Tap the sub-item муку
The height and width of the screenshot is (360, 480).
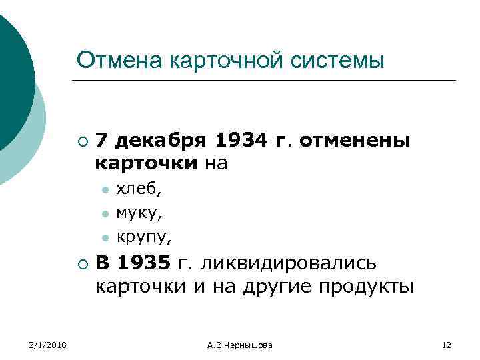pyautogui.click(x=139, y=213)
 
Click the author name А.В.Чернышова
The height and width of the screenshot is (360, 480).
pyautogui.click(x=239, y=345)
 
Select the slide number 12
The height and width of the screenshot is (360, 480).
pyautogui.click(x=447, y=345)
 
